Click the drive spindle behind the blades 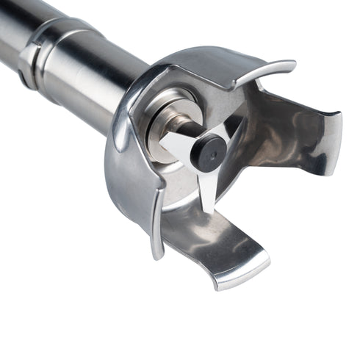click(x=192, y=133)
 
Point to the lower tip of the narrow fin click(x=156, y=253)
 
